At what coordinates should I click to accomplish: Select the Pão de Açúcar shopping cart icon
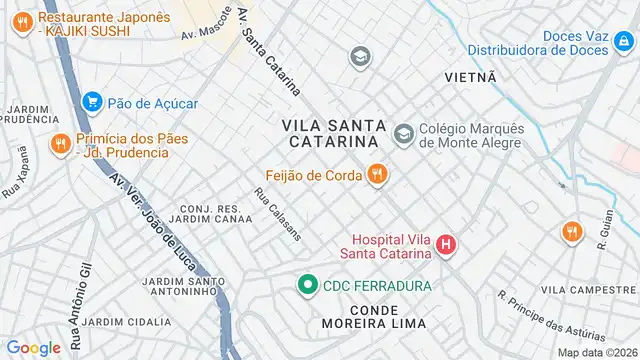[93, 102]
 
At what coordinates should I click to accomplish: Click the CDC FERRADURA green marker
[309, 285]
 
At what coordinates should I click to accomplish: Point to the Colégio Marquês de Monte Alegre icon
[403, 133]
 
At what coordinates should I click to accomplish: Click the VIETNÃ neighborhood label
[471, 76]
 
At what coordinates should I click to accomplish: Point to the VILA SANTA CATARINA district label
[329, 133]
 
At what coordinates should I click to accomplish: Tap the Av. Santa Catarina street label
[271, 60]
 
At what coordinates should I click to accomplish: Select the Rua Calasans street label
[278, 214]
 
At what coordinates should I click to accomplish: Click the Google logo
[33, 347]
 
